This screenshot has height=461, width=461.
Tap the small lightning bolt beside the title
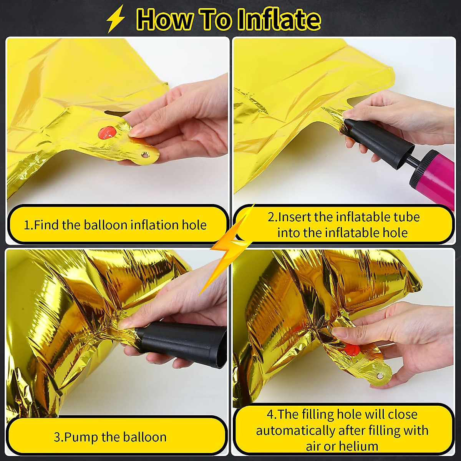(x=116, y=20)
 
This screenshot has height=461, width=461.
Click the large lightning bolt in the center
(x=230, y=246)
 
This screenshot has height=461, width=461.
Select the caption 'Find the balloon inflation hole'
(x=115, y=225)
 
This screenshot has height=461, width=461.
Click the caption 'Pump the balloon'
(x=110, y=437)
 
